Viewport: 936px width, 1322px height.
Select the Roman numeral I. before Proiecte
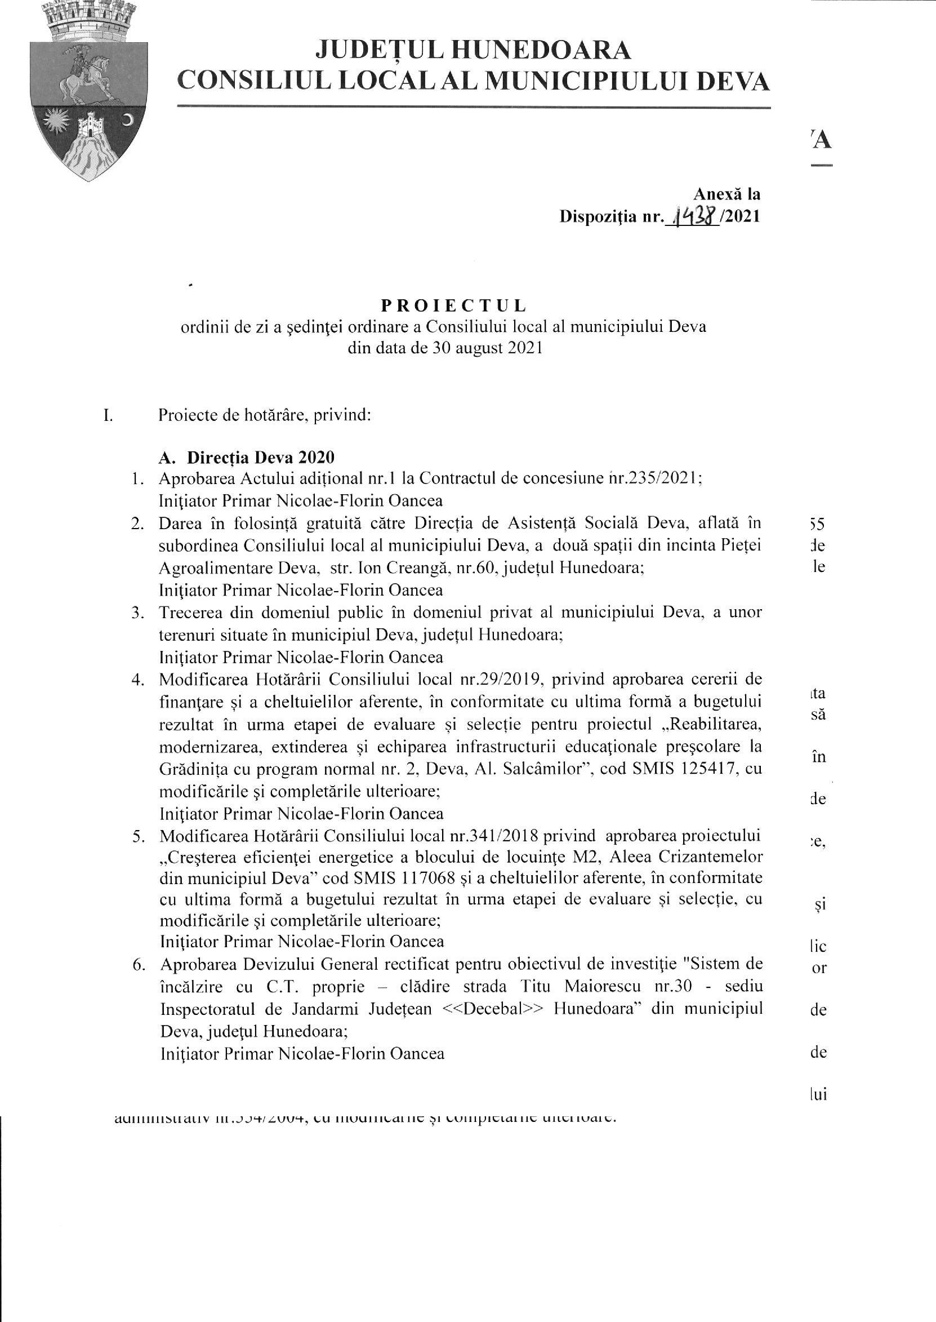[x=108, y=415]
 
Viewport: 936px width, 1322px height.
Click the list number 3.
[x=137, y=613]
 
